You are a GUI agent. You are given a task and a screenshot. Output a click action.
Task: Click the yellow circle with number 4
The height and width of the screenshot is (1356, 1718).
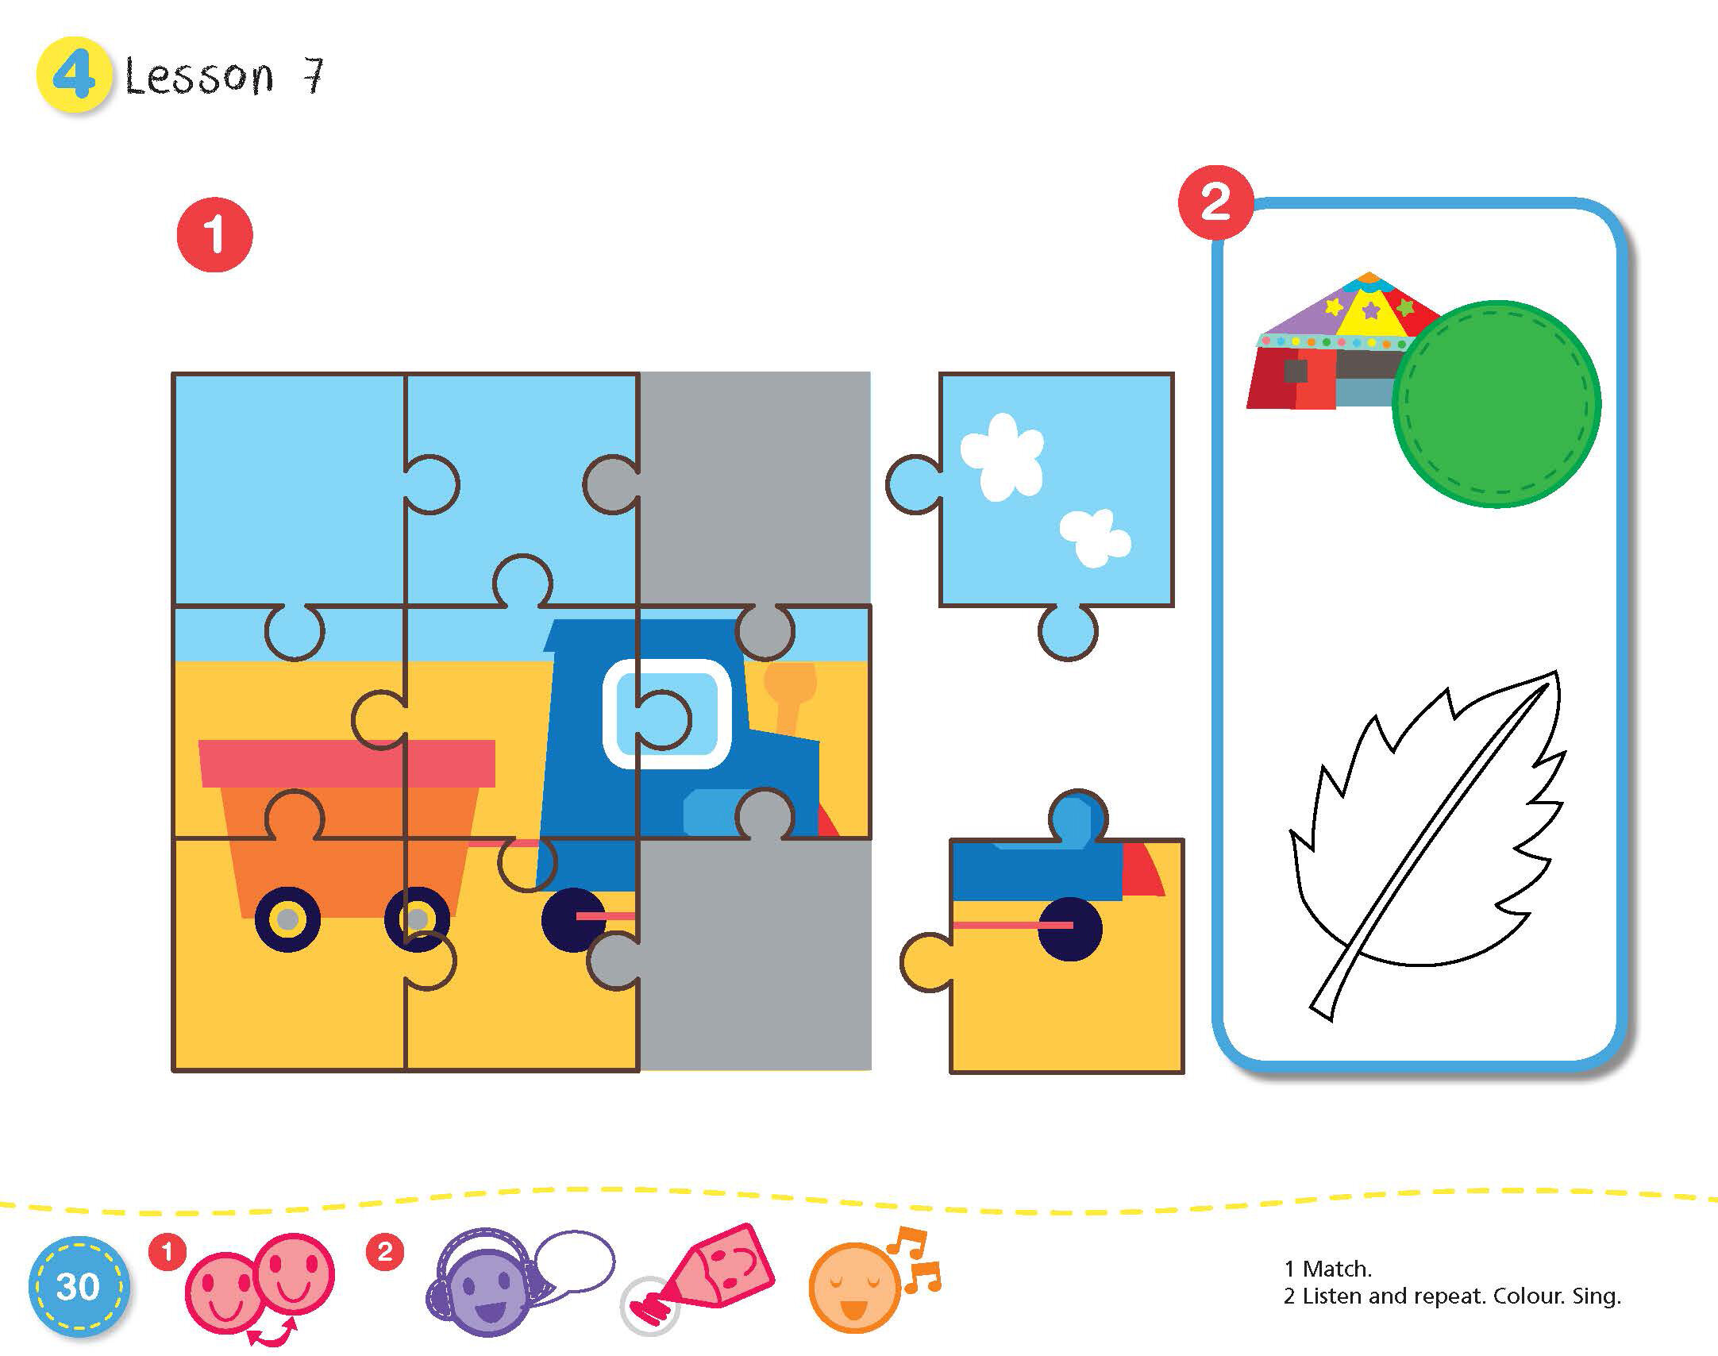[x=73, y=76]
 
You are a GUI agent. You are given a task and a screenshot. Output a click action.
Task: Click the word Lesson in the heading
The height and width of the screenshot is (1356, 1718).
[x=199, y=78]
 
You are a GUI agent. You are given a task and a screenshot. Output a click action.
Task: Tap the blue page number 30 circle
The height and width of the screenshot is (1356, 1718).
[x=77, y=1286]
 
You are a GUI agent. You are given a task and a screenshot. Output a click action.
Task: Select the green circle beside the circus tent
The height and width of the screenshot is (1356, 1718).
[x=1497, y=403]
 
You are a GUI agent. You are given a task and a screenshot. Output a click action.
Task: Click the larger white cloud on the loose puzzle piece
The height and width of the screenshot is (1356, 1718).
[x=1002, y=456]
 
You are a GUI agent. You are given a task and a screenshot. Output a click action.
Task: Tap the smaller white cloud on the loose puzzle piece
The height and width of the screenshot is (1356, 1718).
[x=1095, y=537]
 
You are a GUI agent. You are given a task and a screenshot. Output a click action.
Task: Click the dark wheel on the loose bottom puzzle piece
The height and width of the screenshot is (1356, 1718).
[x=1069, y=928]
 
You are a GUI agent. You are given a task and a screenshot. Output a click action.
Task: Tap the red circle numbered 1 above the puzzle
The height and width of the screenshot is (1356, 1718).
[x=214, y=235]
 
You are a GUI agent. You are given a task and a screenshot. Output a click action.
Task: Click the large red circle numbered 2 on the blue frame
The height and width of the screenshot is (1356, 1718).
[x=1215, y=202]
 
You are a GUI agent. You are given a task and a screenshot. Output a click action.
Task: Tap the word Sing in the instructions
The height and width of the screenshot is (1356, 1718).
[x=1596, y=1296]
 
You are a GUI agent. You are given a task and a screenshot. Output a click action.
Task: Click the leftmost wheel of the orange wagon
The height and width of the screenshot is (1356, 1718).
[x=287, y=919]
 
